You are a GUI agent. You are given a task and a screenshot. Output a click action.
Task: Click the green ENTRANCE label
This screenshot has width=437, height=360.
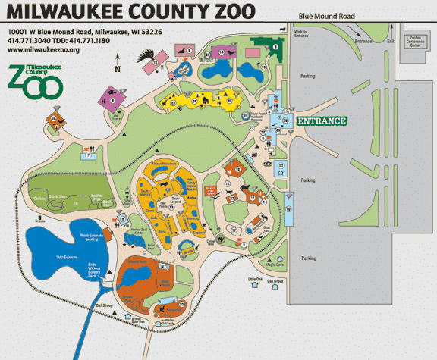[x=321, y=121]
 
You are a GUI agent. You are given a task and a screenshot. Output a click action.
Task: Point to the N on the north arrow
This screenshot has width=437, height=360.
[x=117, y=70]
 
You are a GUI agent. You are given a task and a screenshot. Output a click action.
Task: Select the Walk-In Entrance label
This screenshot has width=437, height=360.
[x=303, y=34]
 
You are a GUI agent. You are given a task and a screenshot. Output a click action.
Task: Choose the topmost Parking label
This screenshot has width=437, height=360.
[x=308, y=76]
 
